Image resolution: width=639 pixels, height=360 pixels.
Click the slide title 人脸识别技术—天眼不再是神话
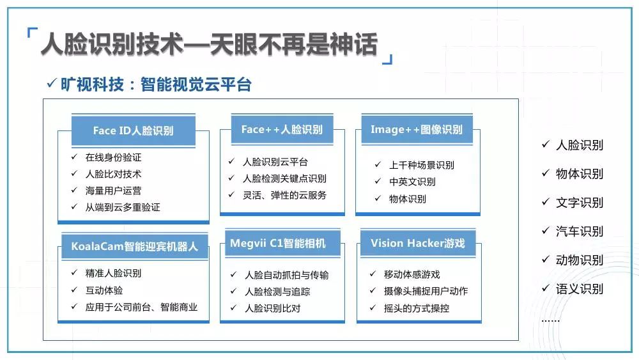(x=210, y=44)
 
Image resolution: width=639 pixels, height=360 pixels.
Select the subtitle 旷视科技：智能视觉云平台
(x=156, y=84)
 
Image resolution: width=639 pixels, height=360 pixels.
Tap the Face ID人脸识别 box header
(x=134, y=130)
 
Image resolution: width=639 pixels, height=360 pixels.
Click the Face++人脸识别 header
(x=282, y=129)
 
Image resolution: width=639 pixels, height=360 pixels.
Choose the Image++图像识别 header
(x=417, y=129)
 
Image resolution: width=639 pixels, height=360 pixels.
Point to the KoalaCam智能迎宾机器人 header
(x=134, y=246)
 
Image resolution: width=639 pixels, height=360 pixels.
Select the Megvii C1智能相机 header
(x=282, y=243)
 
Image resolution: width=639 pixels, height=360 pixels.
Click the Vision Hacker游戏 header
(x=418, y=243)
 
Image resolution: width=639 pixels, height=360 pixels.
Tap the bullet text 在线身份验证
(x=113, y=157)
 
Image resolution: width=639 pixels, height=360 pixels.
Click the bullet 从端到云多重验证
(x=123, y=207)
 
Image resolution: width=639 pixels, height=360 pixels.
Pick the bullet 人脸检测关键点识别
(x=284, y=178)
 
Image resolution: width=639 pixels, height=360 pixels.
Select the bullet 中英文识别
(x=412, y=182)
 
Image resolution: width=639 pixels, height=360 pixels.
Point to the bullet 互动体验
(x=104, y=290)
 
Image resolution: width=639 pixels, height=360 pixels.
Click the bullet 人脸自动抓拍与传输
(x=286, y=275)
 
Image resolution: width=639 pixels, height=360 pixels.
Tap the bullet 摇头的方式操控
(x=417, y=308)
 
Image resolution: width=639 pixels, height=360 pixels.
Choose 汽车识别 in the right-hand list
(x=580, y=231)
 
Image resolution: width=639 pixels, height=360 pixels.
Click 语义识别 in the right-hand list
(x=580, y=288)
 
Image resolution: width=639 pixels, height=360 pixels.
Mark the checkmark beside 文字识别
(x=546, y=201)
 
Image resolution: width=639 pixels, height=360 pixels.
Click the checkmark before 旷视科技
(x=51, y=83)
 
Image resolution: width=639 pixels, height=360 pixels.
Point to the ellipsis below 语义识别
(x=551, y=321)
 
